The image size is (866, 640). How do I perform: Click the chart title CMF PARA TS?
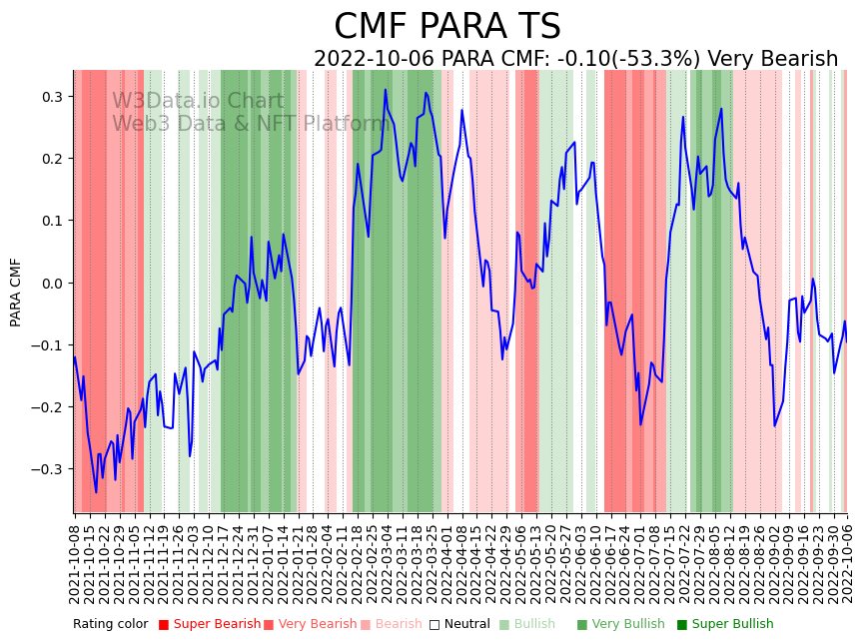tap(446, 27)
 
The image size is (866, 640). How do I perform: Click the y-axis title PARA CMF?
tap(16, 292)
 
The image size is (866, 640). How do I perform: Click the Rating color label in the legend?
tap(110, 624)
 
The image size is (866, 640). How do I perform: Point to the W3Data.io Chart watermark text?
tap(198, 102)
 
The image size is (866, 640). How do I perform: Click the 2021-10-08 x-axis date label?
tap(75, 559)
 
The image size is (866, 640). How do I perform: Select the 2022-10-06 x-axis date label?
tap(848, 559)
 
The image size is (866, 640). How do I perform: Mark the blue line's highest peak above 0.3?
tap(386, 90)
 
